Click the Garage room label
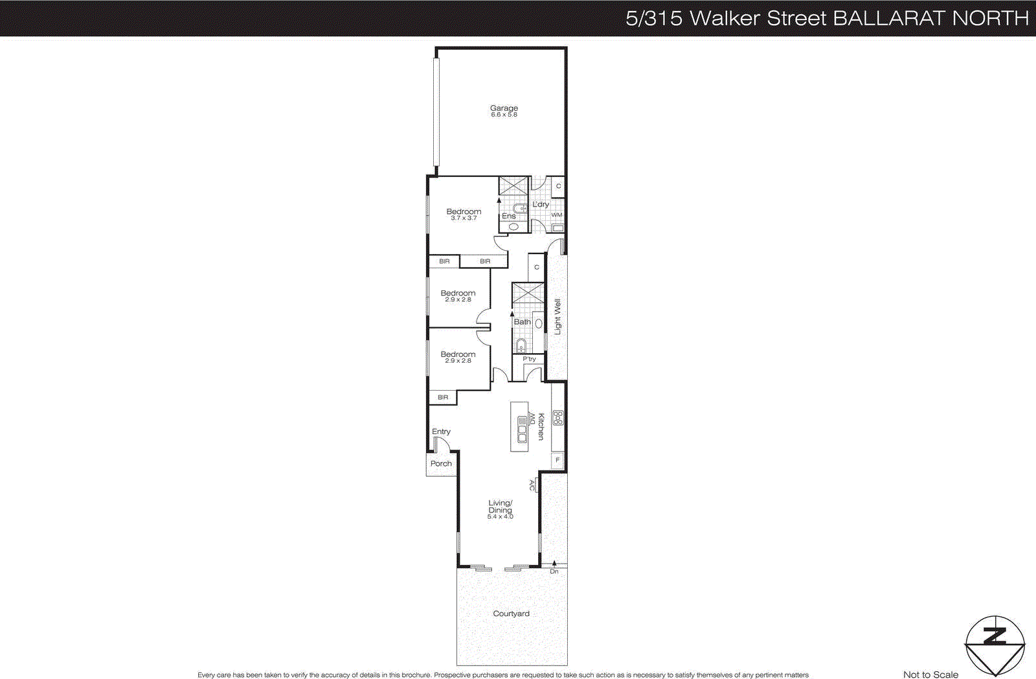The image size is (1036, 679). tap(504, 108)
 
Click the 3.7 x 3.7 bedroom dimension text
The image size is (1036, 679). tap(464, 218)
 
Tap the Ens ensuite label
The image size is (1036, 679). tap(509, 216)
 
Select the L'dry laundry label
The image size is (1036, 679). tap(541, 204)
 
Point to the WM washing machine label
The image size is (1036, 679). tap(557, 215)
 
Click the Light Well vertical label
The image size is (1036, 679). tap(557, 316)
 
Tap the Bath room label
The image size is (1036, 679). tap(522, 321)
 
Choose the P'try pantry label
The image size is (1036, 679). tap(529, 359)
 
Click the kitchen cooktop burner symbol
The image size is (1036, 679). tap(557, 418)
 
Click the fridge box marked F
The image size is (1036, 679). tap(557, 460)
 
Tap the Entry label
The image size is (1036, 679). tap(441, 432)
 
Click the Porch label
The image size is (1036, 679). tap(441, 463)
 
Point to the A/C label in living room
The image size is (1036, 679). tap(532, 485)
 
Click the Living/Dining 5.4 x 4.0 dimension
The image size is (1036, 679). tap(500, 516)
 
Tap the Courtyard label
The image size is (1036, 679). tap(511, 614)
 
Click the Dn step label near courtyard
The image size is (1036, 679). tap(554, 571)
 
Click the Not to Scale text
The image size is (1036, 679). tap(930, 674)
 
